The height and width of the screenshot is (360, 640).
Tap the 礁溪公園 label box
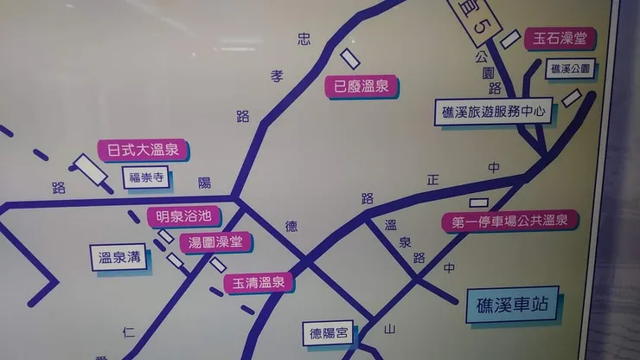coord(572,67)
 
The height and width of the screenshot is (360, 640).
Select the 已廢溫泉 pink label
coord(361,86)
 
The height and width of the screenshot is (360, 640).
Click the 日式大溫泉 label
coord(143,151)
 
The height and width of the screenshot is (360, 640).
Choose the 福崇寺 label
coord(145,179)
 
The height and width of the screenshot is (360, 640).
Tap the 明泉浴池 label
coord(183,216)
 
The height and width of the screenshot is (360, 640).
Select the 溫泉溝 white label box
coord(119,256)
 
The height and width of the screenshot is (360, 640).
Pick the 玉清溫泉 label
coord(259,283)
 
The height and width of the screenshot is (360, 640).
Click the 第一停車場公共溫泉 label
coord(509,222)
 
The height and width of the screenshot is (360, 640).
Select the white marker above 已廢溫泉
coord(351,58)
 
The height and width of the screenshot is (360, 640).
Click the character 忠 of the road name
coord(304,38)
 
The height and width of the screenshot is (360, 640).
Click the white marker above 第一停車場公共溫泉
coord(474,203)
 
